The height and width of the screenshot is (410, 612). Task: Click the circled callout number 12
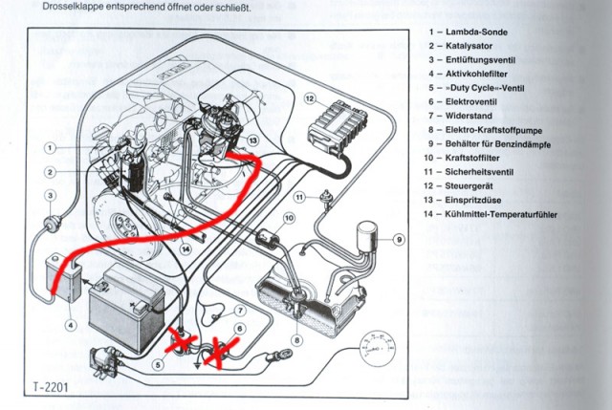(x=310, y=97)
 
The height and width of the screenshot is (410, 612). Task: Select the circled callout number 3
(x=47, y=196)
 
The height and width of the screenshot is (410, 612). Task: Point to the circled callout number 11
(x=299, y=197)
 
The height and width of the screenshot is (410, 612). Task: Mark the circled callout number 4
(x=70, y=324)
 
